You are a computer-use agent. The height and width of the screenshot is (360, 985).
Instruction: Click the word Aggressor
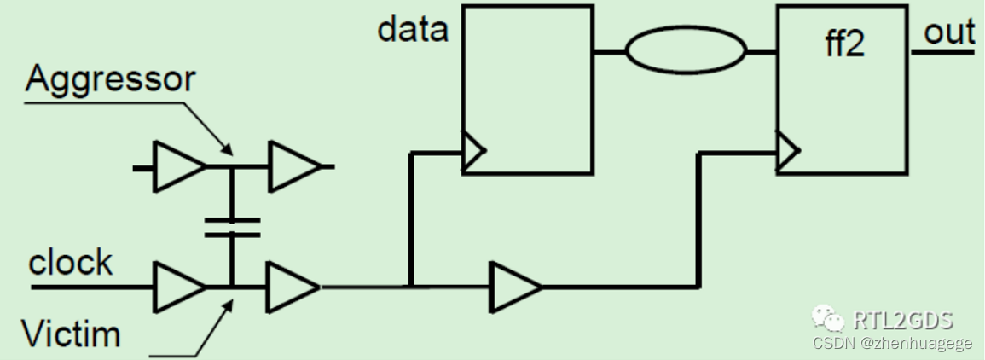coord(110,78)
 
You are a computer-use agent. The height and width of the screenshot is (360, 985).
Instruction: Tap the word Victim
coord(71,334)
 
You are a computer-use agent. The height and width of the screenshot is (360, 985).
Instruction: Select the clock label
coord(70,263)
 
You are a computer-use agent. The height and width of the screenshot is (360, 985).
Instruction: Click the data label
coord(414,30)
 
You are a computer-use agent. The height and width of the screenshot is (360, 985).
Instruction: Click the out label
coord(949,32)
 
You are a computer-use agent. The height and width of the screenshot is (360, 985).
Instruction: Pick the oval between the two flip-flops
coord(686,51)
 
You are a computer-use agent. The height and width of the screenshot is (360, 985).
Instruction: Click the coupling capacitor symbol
coord(231,226)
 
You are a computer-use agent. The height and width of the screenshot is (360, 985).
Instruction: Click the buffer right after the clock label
coord(178,287)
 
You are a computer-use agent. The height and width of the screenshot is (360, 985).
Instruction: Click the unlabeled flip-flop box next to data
coord(527,90)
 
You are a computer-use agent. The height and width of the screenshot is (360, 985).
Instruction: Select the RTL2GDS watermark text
coord(901,320)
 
